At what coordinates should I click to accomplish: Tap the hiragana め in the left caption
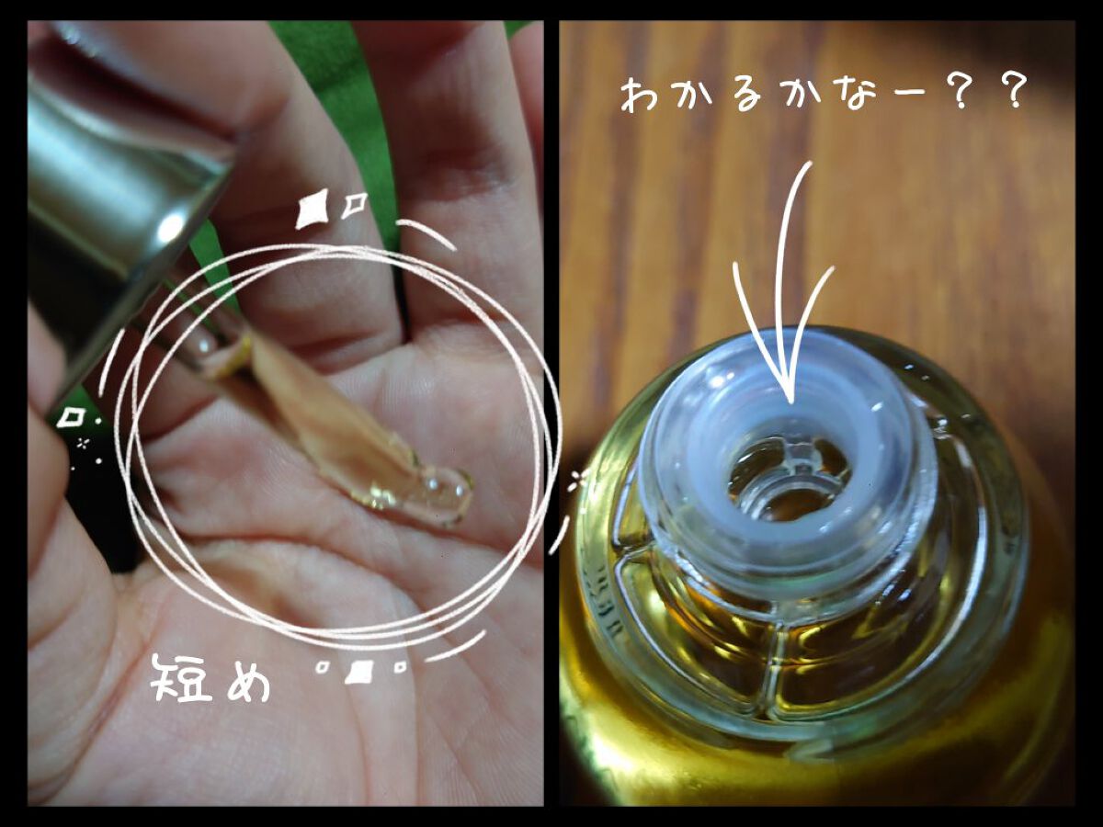(244, 679)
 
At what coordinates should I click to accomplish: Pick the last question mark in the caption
(1010, 92)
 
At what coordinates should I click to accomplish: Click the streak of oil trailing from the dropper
(322, 423)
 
